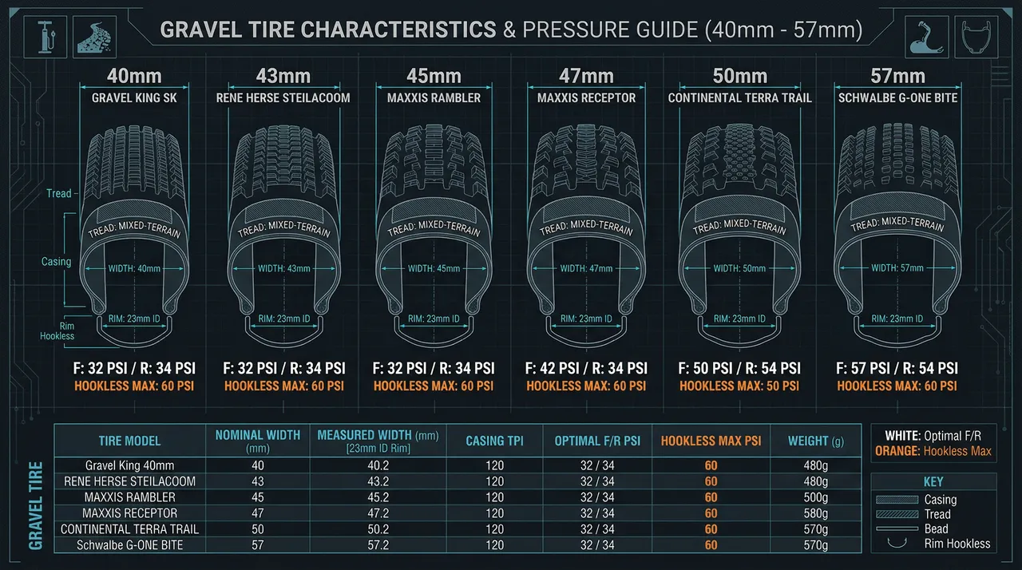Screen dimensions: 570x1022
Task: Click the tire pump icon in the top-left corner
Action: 50,37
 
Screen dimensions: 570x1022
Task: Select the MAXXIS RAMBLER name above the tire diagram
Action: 434,98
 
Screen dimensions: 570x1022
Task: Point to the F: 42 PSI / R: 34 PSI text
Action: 587,368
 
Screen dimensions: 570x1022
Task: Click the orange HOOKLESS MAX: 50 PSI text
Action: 739,386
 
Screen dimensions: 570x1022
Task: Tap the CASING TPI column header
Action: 494,441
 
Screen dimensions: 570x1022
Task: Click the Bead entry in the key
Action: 936,529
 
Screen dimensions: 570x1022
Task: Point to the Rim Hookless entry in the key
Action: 957,544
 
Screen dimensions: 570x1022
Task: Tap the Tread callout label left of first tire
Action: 59,193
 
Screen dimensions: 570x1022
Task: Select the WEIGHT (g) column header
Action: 815,441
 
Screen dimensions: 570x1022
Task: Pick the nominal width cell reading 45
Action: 257,497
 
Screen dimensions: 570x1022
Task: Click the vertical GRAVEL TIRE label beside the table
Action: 36,505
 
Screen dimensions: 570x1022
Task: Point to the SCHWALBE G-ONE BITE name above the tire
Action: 898,98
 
